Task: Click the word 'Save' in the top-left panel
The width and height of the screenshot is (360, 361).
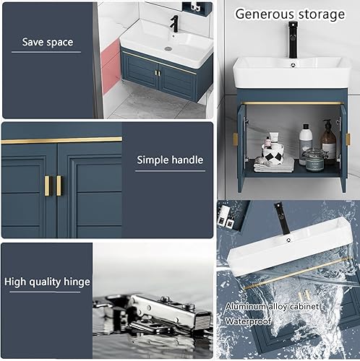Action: tap(33, 42)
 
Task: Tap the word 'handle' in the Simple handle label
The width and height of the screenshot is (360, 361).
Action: tap(187, 160)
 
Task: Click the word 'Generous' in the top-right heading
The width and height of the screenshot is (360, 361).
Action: tap(265, 14)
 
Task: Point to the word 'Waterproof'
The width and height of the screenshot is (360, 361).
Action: tap(248, 321)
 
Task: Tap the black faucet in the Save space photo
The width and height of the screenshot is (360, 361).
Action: tap(174, 24)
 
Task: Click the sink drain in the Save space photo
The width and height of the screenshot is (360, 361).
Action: tap(168, 48)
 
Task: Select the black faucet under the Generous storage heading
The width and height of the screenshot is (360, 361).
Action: tap(293, 40)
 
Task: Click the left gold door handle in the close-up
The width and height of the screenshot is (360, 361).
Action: tap(48, 186)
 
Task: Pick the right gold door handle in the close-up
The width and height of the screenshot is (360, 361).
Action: tap(59, 186)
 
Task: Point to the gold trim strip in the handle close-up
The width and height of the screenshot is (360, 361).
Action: tap(61, 140)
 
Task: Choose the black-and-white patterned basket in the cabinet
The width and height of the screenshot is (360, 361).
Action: tap(273, 155)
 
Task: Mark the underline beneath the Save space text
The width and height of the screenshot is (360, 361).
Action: tap(46, 52)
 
